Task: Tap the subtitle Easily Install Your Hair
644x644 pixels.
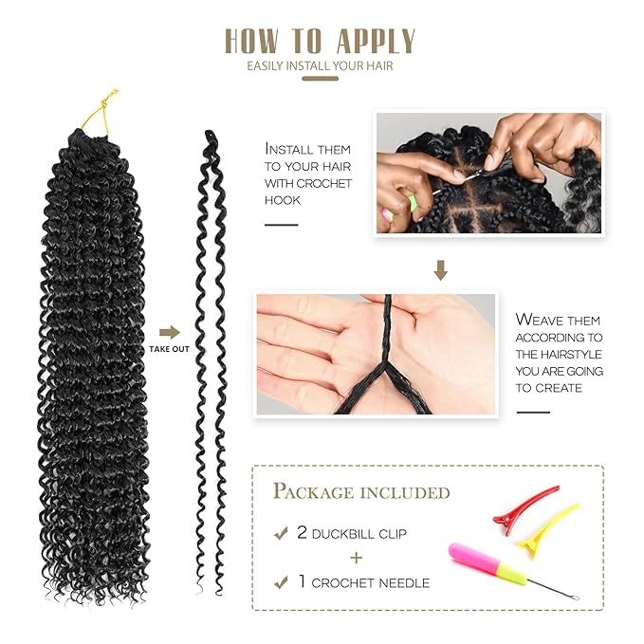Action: [x=320, y=65]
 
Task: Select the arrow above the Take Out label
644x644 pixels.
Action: [x=169, y=332]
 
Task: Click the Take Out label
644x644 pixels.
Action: [x=168, y=349]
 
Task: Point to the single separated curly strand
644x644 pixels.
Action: [x=211, y=360]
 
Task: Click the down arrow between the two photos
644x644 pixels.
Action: [x=439, y=271]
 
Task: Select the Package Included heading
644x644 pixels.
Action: [x=361, y=491]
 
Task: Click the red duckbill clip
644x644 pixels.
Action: [x=524, y=508]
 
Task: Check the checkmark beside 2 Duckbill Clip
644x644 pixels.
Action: [x=281, y=534]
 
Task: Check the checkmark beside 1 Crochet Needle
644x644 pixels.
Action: [x=281, y=582]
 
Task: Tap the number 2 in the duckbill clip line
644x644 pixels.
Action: [x=303, y=533]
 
